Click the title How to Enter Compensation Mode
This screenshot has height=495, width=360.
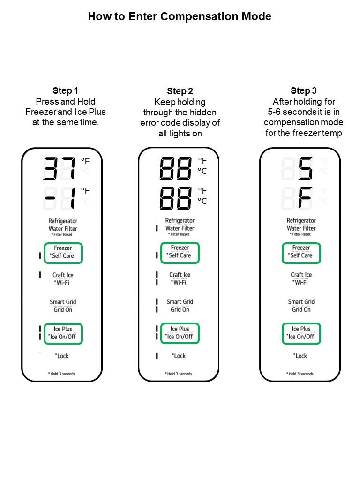tap(180, 17)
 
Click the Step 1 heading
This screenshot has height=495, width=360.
tap(65, 90)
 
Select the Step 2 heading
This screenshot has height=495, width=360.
tap(180, 91)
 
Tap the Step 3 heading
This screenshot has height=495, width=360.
tap(303, 90)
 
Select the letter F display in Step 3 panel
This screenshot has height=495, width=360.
tap(306, 199)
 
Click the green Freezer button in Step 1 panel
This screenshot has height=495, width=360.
tap(63, 253)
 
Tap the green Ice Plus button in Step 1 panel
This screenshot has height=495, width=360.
tap(63, 333)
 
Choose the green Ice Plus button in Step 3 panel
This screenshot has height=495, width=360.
tap(301, 333)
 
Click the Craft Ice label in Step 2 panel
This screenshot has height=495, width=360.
tap(180, 275)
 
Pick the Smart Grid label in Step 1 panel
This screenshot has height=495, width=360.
tap(63, 302)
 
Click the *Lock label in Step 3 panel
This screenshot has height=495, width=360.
tap(300, 356)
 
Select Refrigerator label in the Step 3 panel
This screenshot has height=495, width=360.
tap(301, 220)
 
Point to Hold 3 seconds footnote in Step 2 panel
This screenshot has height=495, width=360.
tap(179, 374)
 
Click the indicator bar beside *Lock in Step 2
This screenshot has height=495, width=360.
tap(157, 356)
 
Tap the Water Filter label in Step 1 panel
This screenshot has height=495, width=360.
tap(63, 228)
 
